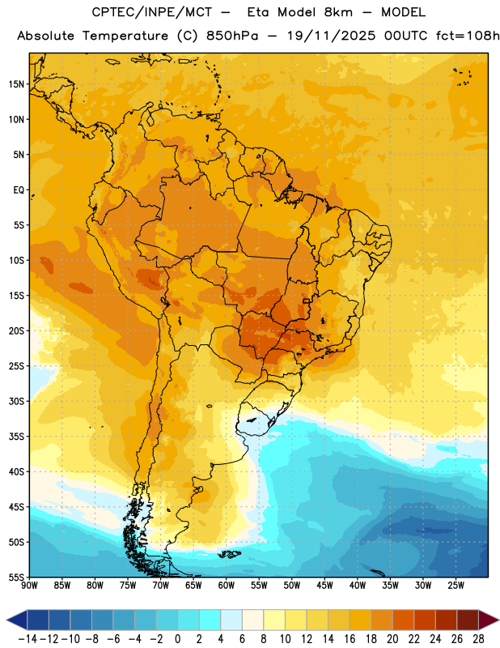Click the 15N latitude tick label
point(16,84)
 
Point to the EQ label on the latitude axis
point(19,190)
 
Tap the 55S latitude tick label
point(16,577)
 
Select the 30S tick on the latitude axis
point(16,401)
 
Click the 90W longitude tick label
point(29,586)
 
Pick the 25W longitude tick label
point(456,586)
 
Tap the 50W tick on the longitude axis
point(292,586)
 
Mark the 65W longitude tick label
point(193,586)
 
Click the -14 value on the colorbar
point(28,639)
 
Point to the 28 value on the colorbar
point(478,639)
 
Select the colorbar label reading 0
point(177,639)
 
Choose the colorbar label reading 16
point(350,639)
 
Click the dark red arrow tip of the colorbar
point(498,620)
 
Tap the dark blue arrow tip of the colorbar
point(7,620)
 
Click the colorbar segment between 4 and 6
point(231,620)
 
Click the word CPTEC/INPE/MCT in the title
point(151,13)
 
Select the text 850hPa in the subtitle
point(232,36)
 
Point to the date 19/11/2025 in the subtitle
point(332,36)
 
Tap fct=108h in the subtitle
point(468,36)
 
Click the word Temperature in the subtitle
point(125,36)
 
